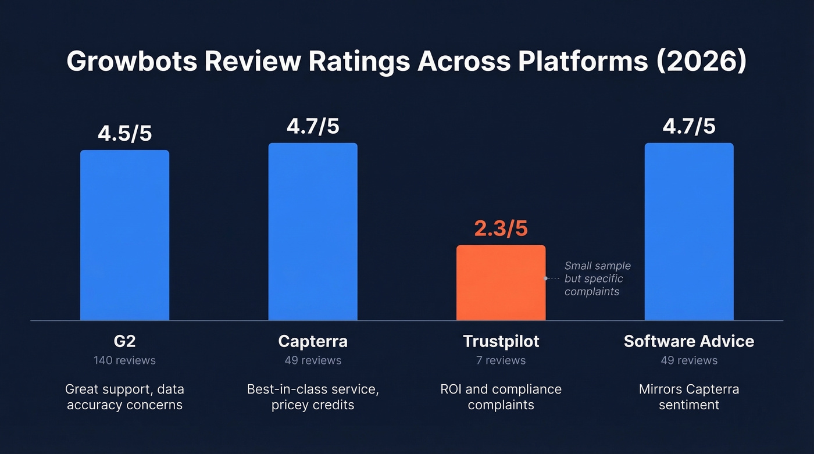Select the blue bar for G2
tap(124, 235)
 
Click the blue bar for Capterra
tap(313, 231)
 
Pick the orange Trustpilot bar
tap(501, 283)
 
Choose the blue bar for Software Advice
tap(689, 231)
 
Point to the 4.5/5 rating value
tap(124, 133)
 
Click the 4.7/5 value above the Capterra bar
tap(313, 126)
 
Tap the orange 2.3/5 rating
tap(501, 228)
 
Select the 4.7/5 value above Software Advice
tap(689, 126)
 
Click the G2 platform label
tap(124, 341)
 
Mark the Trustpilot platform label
tap(501, 341)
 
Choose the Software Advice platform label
tap(689, 341)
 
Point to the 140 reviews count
tap(124, 360)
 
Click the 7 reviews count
tap(501, 360)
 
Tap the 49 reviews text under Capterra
tap(313, 360)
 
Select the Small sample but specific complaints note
tap(597, 278)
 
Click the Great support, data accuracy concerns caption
tap(124, 396)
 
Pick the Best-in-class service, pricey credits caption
tap(313, 396)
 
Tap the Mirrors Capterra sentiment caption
tap(689, 396)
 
